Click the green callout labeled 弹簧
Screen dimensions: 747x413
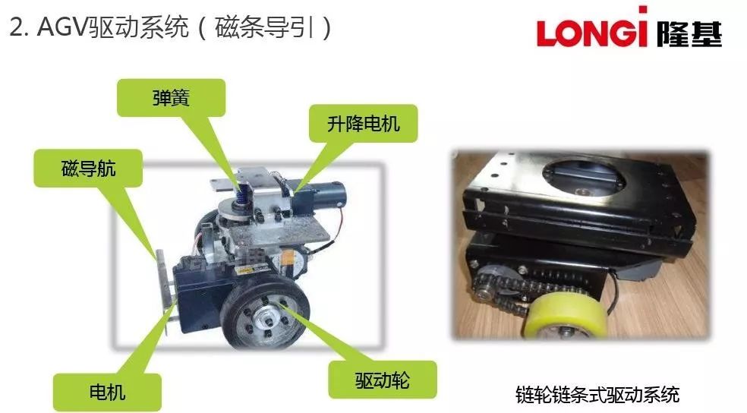(x=171, y=98)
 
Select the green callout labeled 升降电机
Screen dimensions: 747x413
(x=363, y=124)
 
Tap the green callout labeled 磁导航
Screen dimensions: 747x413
(x=88, y=168)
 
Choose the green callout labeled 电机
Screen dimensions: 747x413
(x=107, y=392)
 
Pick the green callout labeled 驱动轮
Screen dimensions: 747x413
(x=383, y=380)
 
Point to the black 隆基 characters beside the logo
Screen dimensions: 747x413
(x=689, y=33)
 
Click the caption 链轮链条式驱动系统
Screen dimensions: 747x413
(x=597, y=395)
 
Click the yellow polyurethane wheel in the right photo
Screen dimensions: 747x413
(x=565, y=316)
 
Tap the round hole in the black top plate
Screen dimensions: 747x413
(x=584, y=176)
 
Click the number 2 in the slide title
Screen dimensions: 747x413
(x=16, y=27)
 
